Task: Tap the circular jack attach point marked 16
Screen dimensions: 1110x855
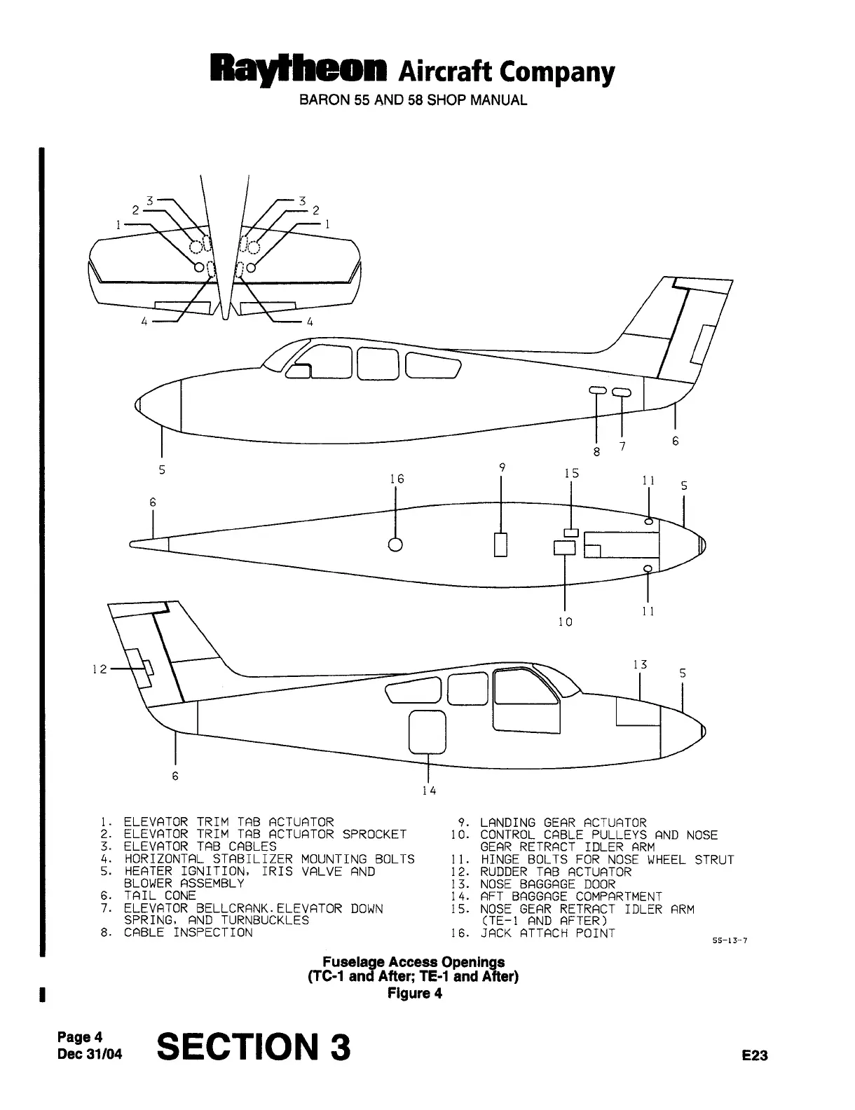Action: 396,544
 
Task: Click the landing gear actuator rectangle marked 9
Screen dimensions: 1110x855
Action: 500,544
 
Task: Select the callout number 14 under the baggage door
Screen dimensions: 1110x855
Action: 429,790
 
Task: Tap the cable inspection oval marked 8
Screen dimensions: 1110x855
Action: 596,390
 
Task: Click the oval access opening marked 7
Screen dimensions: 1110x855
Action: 622,392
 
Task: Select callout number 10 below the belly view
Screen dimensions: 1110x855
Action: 565,622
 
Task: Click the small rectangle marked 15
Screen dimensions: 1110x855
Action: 572,532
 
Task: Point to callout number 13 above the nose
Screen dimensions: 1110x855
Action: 639,665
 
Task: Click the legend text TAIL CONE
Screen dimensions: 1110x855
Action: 160,896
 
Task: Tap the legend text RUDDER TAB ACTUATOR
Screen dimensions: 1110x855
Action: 556,872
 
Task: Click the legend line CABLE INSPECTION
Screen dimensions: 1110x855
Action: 188,933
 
